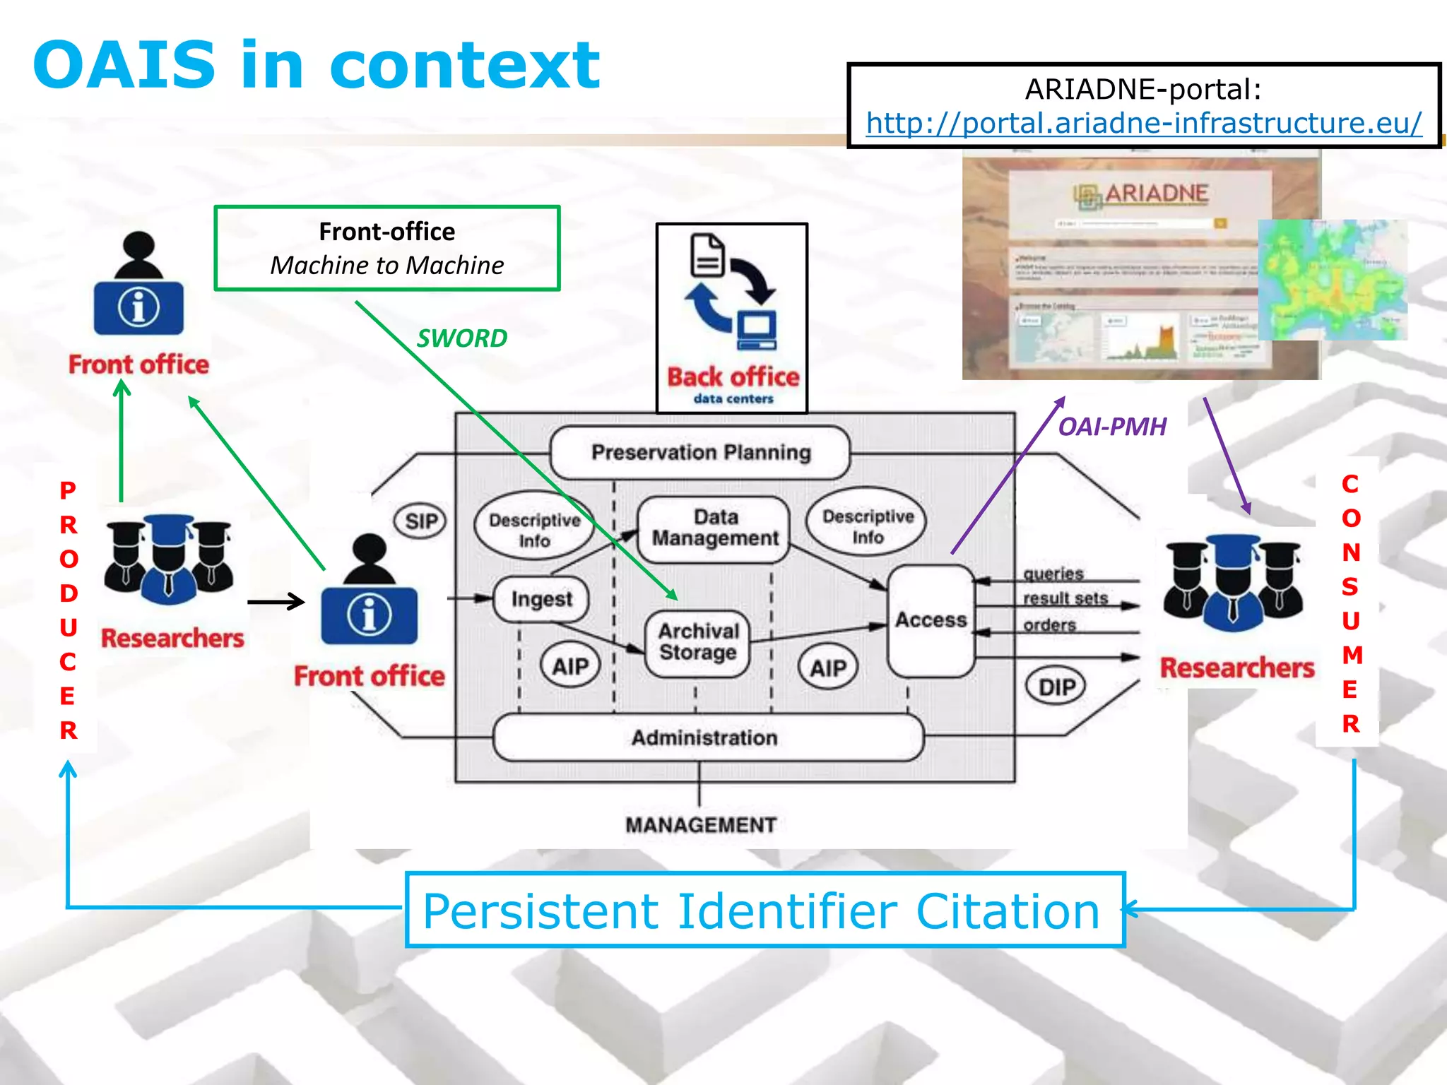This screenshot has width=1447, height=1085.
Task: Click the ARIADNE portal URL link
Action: [1143, 124]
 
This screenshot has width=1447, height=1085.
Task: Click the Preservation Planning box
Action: [700, 452]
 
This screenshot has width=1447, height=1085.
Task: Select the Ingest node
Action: [541, 599]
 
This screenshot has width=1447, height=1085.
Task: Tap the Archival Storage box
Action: [698, 642]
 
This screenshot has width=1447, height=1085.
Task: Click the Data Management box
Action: [714, 528]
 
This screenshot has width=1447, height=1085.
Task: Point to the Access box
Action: [931, 620]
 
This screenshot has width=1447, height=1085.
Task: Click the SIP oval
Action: [421, 521]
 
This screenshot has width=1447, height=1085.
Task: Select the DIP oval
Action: [1056, 687]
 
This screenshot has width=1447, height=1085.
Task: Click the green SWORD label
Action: [462, 338]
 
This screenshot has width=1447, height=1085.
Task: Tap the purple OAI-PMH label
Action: [1111, 427]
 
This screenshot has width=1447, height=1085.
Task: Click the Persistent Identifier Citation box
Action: [764, 911]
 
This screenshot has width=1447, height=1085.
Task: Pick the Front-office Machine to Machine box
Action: [387, 248]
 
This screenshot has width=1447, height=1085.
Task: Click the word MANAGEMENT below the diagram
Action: [700, 825]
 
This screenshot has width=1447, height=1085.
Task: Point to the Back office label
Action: [733, 377]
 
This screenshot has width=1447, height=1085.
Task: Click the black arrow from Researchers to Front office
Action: [276, 602]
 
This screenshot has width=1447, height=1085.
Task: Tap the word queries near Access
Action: [1053, 574]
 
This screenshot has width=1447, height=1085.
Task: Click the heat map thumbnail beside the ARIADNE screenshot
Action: [1332, 280]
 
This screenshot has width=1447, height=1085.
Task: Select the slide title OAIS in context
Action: [316, 65]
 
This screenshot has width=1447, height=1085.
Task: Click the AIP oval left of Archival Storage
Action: [570, 666]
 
